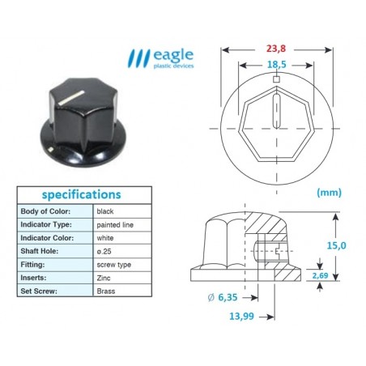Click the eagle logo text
(x=175, y=55)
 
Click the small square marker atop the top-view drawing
(x=277, y=79)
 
